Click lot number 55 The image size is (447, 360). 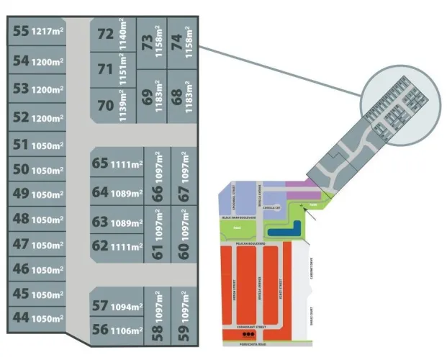pos(36,32)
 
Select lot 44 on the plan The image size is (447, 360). pos(36,318)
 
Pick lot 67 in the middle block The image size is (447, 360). pos(184,176)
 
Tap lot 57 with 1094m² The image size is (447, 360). pos(115,306)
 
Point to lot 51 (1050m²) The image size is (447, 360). pos(36,145)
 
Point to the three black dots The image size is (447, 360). pos(248,335)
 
